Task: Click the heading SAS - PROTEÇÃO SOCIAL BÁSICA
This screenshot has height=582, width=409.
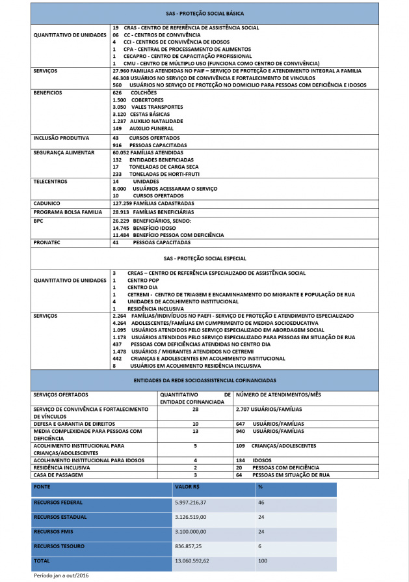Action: click(x=204, y=13)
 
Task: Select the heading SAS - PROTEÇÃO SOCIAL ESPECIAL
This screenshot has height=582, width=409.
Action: click(x=204, y=258)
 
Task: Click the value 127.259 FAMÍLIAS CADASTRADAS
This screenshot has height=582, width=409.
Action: click(x=153, y=203)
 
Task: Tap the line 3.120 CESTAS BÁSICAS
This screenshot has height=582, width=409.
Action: click(x=139, y=114)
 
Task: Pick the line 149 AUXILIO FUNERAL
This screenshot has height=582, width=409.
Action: click(x=139, y=128)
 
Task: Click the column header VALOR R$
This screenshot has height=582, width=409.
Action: click(x=187, y=487)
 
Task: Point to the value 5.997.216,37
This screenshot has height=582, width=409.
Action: click(x=191, y=503)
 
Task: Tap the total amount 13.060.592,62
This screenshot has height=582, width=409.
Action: click(x=192, y=561)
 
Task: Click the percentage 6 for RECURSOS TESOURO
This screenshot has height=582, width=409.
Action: click(x=259, y=546)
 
